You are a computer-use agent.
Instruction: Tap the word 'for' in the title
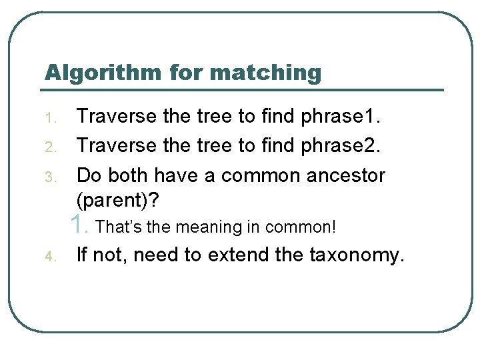pos(187,72)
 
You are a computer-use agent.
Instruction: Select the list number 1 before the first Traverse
pos(56,119)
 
